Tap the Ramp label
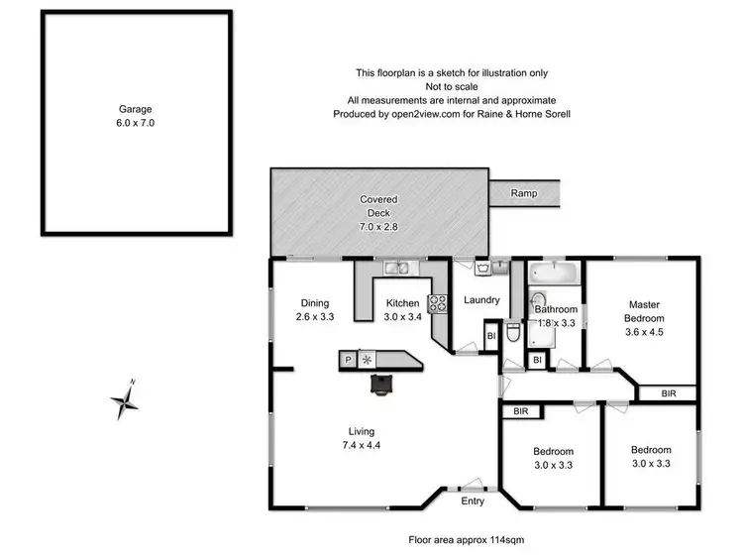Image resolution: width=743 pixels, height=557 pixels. pyautogui.click(x=524, y=193)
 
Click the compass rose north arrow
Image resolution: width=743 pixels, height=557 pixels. pyautogui.click(x=125, y=399)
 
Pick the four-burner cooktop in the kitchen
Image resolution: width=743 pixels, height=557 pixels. pyautogui.click(x=437, y=304)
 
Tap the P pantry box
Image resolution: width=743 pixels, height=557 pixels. pyautogui.click(x=348, y=360)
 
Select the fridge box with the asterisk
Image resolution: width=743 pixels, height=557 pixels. pyautogui.click(x=368, y=360)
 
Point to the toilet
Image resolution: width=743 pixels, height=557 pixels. pyautogui.click(x=511, y=332)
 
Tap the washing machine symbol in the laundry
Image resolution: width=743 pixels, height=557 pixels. pyautogui.click(x=482, y=268)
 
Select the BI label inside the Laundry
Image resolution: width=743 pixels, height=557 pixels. pyautogui.click(x=490, y=337)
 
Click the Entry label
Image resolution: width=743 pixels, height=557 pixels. pyautogui.click(x=473, y=501)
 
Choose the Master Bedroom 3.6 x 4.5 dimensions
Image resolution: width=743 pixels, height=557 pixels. pyautogui.click(x=643, y=332)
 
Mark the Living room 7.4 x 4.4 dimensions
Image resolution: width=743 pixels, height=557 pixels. pyautogui.click(x=364, y=445)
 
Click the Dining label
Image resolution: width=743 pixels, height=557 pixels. pyautogui.click(x=315, y=303)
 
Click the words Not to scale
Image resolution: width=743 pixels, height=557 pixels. pyautogui.click(x=451, y=86)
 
